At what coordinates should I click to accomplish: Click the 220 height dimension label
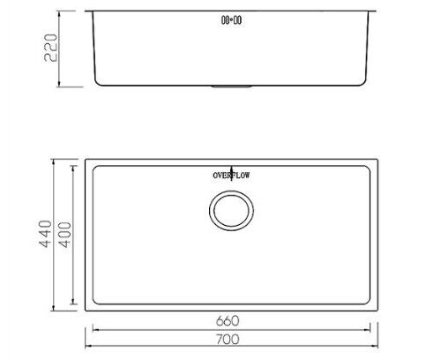point(51,49)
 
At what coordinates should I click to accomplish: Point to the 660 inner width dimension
point(232,319)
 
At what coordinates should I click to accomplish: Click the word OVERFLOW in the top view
point(232,175)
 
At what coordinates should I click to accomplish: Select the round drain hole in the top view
point(232,212)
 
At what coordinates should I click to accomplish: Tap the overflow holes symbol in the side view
point(232,17)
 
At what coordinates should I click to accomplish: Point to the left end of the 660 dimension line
point(93,326)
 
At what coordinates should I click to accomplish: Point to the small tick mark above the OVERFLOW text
point(232,167)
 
